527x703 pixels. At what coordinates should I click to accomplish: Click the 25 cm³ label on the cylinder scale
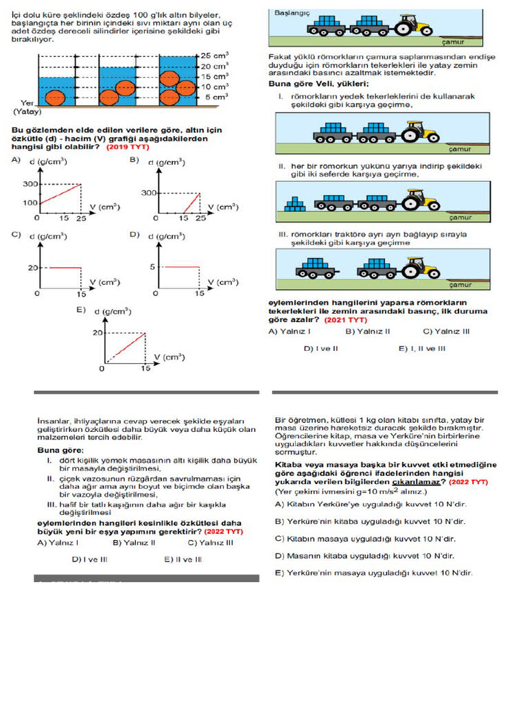[x=213, y=55]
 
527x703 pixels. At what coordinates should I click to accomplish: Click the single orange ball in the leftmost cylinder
[x=55, y=97]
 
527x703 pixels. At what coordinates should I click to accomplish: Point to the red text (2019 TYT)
[x=126, y=147]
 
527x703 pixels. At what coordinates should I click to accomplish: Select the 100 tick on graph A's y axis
[x=31, y=203]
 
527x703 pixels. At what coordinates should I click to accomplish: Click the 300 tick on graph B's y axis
[x=150, y=193]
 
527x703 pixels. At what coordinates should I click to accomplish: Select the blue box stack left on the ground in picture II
[x=295, y=203]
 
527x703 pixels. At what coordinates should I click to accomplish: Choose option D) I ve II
[x=321, y=348]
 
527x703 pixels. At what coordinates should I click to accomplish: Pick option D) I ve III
[x=89, y=559]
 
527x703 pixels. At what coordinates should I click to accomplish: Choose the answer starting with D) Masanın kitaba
[x=364, y=555]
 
